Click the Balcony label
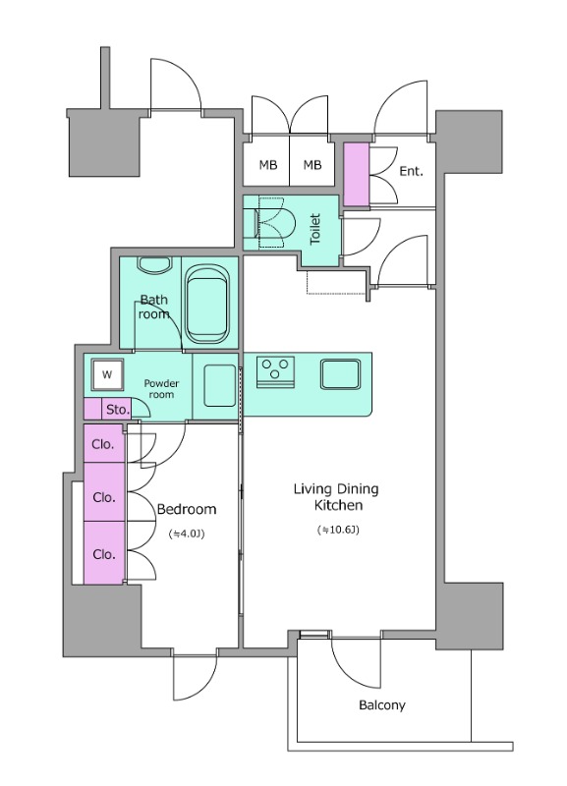tap(381, 705)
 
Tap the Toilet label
tap(314, 229)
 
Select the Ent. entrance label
tap(411, 171)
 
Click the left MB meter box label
tap(268, 164)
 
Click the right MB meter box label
tap(312, 164)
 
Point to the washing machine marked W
tap(107, 374)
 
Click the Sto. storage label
tap(117, 410)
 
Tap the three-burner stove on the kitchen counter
tap(275, 371)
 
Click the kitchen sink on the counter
tap(340, 373)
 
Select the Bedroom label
tap(187, 509)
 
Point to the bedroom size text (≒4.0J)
tap(187, 533)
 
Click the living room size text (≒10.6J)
tap(338, 530)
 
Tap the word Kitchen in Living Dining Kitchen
tap(338, 505)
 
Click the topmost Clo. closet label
tap(103, 444)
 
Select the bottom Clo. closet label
tap(104, 554)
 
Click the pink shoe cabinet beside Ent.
tap(357, 174)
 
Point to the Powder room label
tap(161, 389)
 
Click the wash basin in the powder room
tap(219, 385)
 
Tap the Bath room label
tap(154, 307)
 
